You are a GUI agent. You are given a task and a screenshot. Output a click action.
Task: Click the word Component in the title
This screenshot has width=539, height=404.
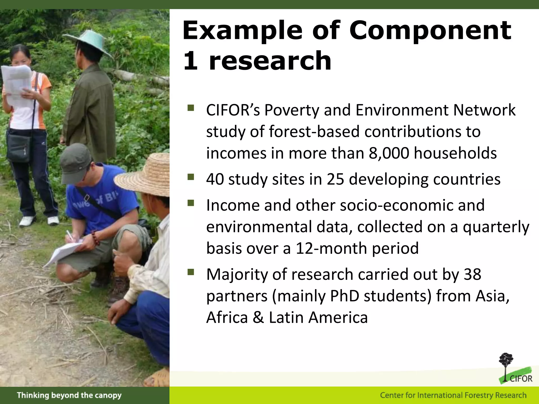point(430,31)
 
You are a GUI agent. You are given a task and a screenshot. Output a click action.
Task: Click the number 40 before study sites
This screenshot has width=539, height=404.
point(215,179)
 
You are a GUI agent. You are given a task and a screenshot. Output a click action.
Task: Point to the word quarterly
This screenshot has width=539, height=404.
point(496,227)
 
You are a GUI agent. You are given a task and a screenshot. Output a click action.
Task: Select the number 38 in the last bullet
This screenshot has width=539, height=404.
point(472,275)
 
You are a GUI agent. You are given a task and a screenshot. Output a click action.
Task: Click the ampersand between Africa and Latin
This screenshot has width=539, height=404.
point(258,317)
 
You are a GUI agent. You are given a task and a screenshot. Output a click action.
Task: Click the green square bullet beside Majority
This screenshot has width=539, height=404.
point(191,272)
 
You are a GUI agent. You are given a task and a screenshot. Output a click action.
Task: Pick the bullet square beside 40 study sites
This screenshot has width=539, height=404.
point(191,177)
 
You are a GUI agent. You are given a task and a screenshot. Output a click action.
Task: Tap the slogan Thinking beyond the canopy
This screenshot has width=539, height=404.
point(69,395)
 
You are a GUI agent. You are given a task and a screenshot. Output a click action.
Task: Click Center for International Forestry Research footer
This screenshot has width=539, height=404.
point(453,395)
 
